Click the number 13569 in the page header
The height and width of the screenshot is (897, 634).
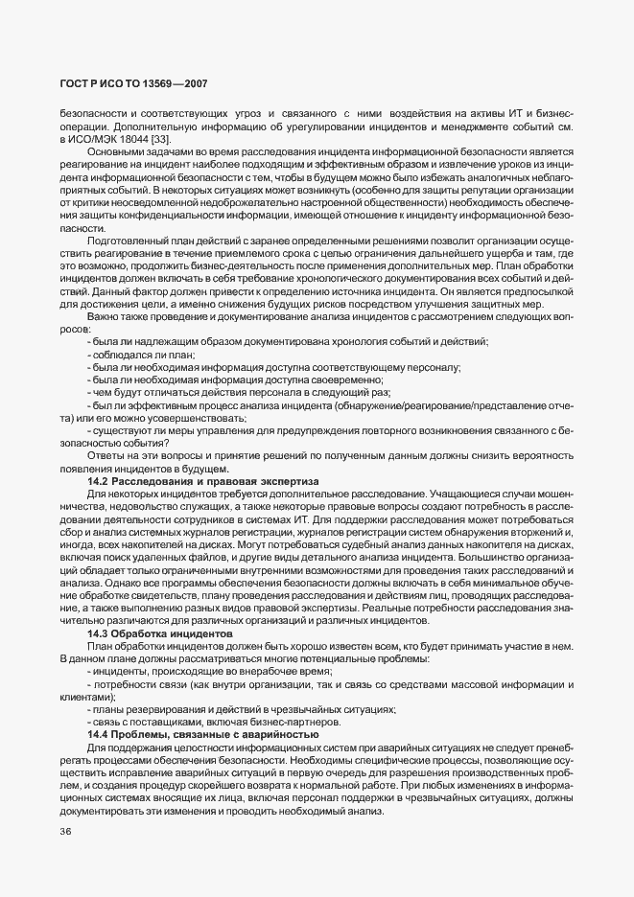click(138, 84)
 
